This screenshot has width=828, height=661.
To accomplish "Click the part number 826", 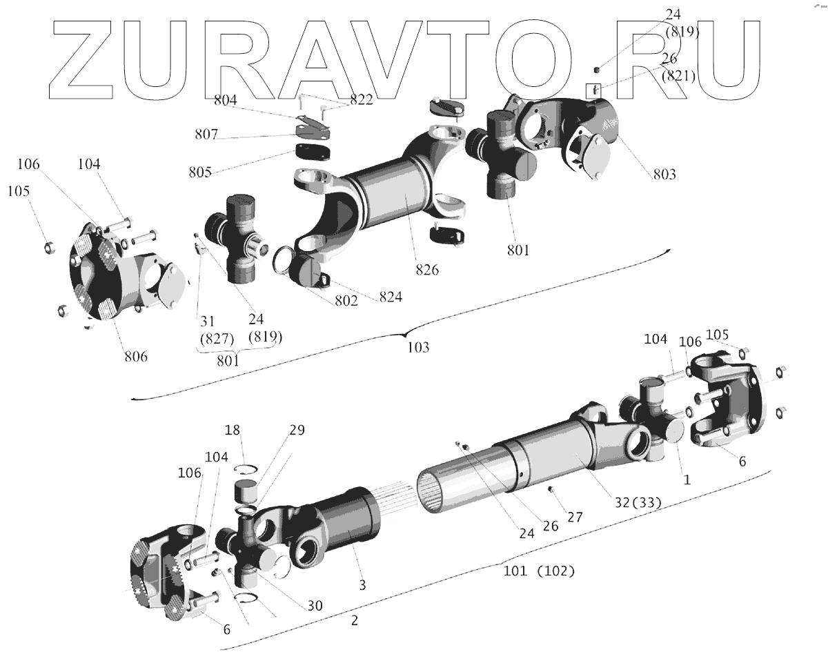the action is pos(427,270).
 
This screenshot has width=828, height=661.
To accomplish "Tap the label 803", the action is pos(665,174).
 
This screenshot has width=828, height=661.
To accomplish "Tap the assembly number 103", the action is pos(418,347).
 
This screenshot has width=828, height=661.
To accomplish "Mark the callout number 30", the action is pos(314,605).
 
